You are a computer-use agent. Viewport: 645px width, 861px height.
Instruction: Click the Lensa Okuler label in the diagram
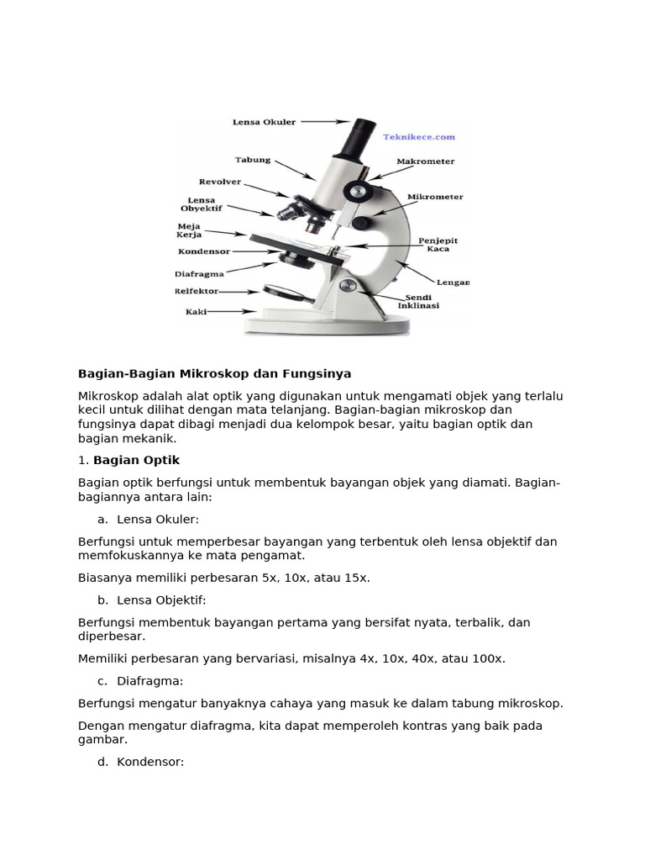264,122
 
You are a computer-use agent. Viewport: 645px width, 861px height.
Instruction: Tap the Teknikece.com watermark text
418,137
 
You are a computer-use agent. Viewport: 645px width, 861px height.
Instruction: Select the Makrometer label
426,161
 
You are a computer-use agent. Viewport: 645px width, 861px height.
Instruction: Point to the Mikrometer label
435,197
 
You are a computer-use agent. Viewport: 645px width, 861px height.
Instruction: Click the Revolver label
220,182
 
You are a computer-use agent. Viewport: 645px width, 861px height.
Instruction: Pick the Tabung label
252,160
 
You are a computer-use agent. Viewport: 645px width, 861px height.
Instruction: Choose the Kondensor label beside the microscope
204,251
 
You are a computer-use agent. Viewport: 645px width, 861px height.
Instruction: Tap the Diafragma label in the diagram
200,273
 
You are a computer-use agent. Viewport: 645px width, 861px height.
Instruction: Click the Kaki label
196,311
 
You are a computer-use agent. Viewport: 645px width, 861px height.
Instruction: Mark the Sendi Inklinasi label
424,301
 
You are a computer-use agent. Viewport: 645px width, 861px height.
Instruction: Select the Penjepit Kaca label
438,245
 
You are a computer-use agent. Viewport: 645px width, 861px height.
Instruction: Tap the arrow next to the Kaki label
225,311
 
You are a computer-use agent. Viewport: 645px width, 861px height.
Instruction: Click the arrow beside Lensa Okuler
322,122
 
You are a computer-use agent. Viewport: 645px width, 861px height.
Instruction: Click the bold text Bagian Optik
136,460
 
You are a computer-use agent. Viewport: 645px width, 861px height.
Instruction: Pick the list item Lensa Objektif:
161,600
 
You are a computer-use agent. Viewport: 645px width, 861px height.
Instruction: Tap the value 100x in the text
487,658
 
